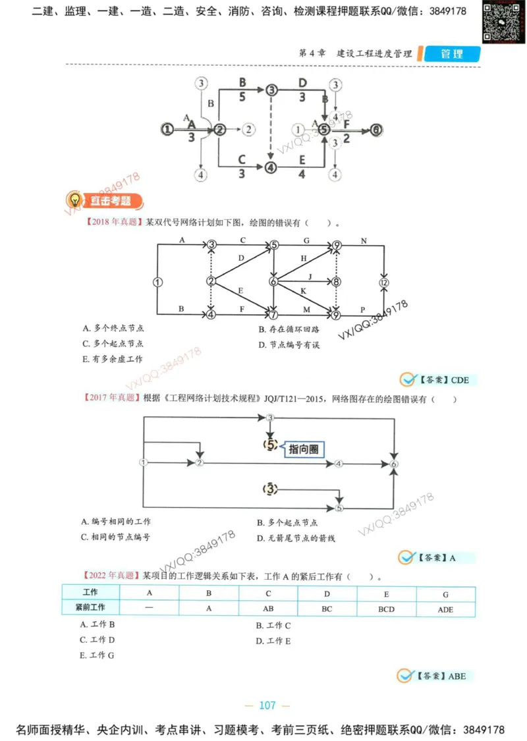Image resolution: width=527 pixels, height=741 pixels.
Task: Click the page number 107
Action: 267,705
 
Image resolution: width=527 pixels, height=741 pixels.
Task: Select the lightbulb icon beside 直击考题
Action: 75,200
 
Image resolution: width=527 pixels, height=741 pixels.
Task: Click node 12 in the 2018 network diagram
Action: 384,282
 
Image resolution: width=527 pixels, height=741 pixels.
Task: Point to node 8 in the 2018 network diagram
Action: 337,281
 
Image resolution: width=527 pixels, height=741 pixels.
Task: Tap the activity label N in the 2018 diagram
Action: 364,242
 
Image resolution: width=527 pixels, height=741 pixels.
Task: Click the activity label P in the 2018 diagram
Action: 362,308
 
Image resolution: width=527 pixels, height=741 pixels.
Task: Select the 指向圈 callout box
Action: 305,449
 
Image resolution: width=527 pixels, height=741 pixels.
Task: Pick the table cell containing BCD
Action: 386,609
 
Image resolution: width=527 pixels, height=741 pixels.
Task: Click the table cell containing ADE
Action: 445,609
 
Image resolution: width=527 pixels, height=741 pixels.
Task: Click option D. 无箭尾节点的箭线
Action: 296,538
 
